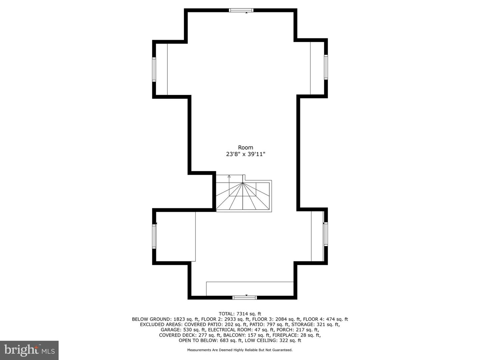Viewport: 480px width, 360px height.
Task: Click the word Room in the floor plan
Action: click(x=245, y=147)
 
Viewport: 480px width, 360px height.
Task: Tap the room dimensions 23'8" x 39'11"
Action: click(x=245, y=154)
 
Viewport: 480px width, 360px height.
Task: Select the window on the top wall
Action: click(x=241, y=10)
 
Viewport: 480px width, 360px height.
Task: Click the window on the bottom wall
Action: click(x=245, y=297)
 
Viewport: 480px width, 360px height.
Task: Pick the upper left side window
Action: click(x=154, y=69)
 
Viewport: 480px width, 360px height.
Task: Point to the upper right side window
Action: click(x=326, y=67)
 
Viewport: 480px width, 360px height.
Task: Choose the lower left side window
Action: click(x=154, y=236)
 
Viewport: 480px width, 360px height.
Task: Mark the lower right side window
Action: click(x=326, y=234)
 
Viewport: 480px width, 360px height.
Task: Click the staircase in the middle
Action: click(x=243, y=196)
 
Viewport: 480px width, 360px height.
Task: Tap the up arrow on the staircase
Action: click(x=229, y=177)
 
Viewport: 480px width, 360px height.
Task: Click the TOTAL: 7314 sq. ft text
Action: click(x=240, y=314)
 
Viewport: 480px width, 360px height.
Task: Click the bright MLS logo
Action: click(x=29, y=350)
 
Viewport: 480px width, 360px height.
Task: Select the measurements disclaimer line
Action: click(x=240, y=350)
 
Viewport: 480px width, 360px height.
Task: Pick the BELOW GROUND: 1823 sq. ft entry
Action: click(x=165, y=319)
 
